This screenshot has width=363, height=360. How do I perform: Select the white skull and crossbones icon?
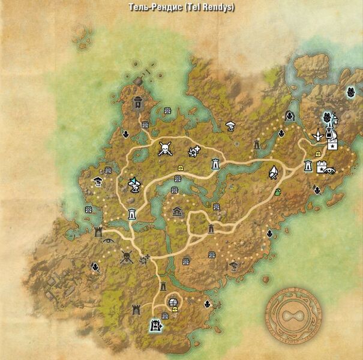[x=164, y=149]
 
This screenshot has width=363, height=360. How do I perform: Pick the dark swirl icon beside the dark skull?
[x=144, y=259]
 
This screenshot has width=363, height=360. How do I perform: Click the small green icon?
[x=278, y=192]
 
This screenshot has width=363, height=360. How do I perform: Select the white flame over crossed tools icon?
[x=273, y=172]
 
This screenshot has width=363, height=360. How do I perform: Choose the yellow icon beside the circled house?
[x=175, y=310]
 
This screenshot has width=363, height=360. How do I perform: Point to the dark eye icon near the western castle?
[x=108, y=241]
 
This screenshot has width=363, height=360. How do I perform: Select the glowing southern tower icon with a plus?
[x=155, y=325]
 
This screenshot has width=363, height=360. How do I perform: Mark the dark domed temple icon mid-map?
[x=177, y=211]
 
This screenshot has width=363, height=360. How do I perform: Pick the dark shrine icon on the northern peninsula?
[x=139, y=103]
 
